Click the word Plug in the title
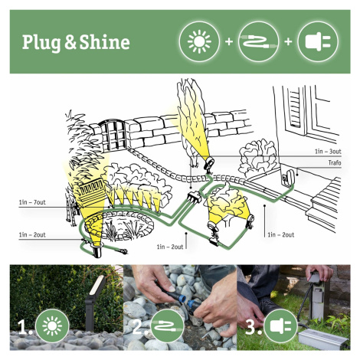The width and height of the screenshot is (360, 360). (41, 43)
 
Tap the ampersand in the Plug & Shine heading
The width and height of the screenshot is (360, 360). (70, 43)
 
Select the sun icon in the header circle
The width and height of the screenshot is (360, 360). (199, 41)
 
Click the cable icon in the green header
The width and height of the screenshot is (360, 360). (258, 41)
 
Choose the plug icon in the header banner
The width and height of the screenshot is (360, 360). (318, 41)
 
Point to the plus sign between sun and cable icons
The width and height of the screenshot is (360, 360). (229, 41)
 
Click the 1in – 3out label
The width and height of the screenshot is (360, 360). (328, 152)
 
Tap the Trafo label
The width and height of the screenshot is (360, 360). (335, 163)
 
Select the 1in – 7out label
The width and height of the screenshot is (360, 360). (32, 202)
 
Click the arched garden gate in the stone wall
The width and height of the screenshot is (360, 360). (113, 136)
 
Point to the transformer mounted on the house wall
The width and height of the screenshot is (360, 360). (288, 177)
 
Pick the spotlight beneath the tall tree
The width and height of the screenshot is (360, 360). (209, 163)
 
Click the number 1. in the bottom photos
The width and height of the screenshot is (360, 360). (25, 327)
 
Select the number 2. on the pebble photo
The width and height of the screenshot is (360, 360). (139, 327)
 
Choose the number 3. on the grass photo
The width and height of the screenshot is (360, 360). (253, 327)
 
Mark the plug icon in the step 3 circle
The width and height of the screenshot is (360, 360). (281, 326)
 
